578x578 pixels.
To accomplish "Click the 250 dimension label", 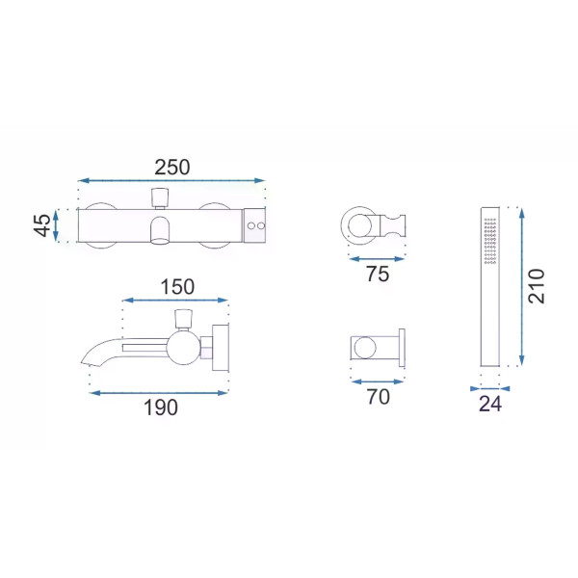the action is pos(172,167).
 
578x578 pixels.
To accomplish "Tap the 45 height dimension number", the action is pos(42,224).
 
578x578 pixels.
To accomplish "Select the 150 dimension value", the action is pos(177,287).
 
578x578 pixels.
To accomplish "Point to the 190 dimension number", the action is pos(161,407).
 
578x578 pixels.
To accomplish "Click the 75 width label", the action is pos(378,274).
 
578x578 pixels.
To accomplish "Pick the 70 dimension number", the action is pos(379,397).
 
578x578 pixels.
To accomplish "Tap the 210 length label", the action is pos(536,286).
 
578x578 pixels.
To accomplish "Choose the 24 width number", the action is pos(490,404).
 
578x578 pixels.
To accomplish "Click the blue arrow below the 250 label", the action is pos(171,181).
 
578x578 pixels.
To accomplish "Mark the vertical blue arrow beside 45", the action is pos(56,225).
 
